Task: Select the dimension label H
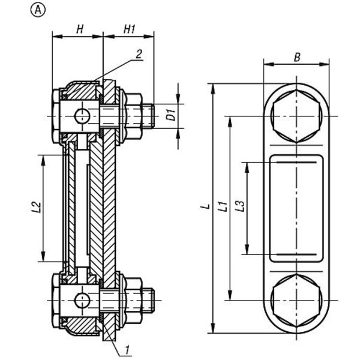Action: (79, 28)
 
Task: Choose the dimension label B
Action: (296, 57)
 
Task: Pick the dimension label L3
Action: (240, 207)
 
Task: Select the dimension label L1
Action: (221, 207)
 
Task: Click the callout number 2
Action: (138, 54)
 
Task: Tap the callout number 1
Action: (128, 346)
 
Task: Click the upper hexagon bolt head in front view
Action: (296, 116)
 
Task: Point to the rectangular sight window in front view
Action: (296, 208)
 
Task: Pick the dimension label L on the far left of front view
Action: (205, 207)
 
